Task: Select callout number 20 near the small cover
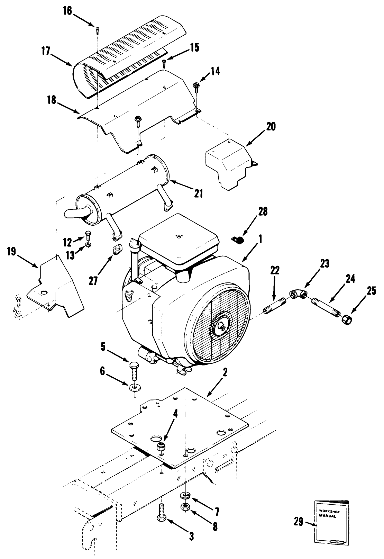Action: [x=271, y=127]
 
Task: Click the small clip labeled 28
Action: [x=237, y=240]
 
